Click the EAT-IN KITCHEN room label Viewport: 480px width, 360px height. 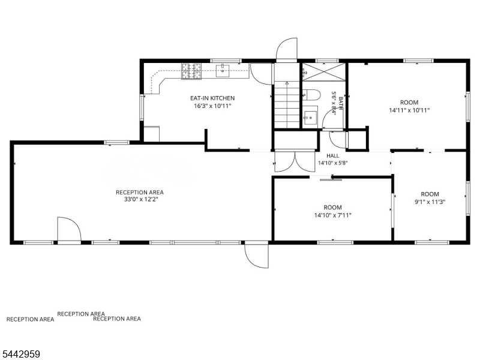coord(212,98)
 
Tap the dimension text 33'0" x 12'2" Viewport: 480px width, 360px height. coord(140,200)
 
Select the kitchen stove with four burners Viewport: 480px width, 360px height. coord(191,71)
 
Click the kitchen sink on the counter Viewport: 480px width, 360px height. coord(223,71)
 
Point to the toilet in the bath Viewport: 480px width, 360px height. coord(311,95)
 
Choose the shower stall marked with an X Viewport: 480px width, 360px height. coord(324,72)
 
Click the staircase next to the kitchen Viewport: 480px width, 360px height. coord(287,104)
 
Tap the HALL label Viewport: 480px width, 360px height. coord(333,156)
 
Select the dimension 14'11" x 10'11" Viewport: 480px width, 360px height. coord(409,110)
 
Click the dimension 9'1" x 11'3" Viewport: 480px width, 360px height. coord(430,202)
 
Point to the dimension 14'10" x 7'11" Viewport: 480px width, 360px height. coord(333,215)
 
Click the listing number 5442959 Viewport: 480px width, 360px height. coord(20,355)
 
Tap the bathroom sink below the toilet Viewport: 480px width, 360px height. coord(310,117)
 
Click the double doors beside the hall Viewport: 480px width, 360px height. coord(295,161)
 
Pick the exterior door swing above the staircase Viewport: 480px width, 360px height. coord(287,49)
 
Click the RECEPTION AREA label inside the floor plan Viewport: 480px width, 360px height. coord(140,192)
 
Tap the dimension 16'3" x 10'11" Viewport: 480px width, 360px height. coord(212,106)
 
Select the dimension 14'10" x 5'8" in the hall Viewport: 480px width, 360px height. coord(333,163)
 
